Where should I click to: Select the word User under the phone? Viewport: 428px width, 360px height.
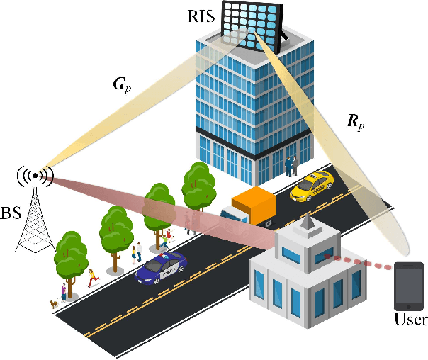pos(410,320)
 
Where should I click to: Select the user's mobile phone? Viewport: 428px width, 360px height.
pos(409,286)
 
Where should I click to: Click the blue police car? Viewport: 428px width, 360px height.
pos(162,267)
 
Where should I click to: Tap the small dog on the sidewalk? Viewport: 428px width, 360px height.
pos(52,303)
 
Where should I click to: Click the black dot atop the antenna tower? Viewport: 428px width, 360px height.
pos(35,175)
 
